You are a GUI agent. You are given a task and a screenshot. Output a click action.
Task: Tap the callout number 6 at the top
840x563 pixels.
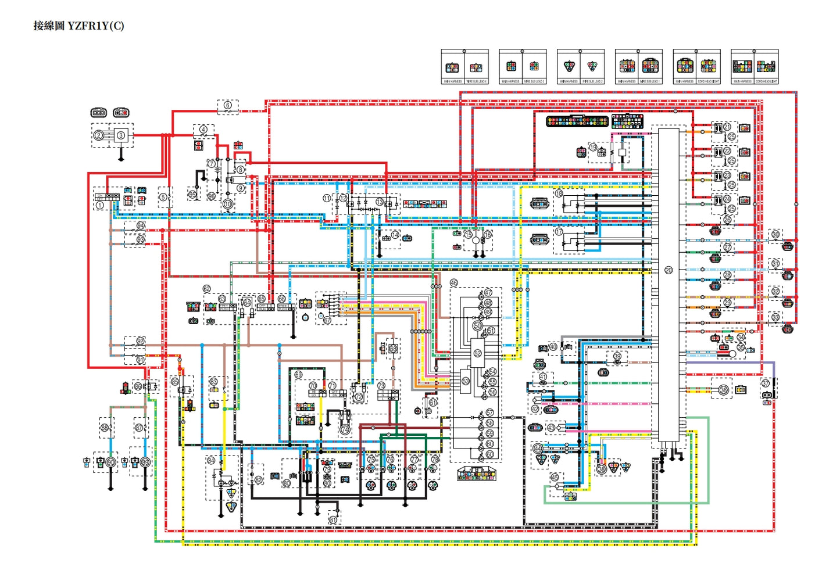pos(228,106)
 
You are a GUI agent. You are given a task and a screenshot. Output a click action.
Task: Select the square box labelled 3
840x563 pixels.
pos(121,135)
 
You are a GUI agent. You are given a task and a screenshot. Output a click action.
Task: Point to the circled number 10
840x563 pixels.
pos(228,204)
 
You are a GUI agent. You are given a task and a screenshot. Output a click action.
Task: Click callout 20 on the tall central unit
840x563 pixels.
pos(669,270)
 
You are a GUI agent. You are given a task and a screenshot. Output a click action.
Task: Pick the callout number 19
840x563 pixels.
pos(593,147)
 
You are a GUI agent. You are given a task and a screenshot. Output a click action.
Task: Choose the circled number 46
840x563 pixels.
pos(454,283)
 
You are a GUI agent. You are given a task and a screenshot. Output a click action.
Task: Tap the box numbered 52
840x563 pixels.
pos(478,353)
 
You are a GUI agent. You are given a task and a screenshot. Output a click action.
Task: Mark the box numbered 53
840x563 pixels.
pos(466,381)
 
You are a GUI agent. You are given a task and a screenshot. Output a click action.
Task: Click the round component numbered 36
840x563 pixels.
pos(723,390)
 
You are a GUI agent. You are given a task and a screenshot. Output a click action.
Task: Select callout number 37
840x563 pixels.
pos(765,383)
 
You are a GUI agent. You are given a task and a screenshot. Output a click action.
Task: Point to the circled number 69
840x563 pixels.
pos(298,375)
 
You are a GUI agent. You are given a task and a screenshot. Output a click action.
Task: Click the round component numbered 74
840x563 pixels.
pos(345,430)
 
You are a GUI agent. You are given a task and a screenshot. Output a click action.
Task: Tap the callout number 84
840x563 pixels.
pos(211,460)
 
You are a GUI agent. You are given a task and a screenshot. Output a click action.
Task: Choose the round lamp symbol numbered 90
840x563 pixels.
pos(110,462)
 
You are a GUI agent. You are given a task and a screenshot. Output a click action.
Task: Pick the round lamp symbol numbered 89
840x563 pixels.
pos(145,462)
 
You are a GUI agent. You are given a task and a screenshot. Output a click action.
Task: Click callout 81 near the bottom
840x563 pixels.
pos(333,520)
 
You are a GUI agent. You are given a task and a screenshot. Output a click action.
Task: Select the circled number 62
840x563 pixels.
pos(207,289)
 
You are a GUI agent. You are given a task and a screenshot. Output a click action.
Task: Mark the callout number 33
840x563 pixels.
pos(775,317)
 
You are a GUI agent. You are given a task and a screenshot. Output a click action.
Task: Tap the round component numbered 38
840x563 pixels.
pos(602,468)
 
